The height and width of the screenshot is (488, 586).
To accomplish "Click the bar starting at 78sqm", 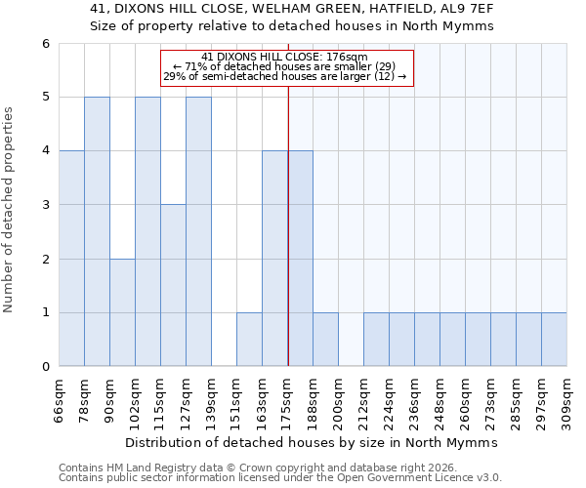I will point(97,231).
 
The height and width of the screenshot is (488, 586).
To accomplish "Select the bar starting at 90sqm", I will point(122,312).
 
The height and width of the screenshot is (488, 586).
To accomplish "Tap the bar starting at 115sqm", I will point(173,285).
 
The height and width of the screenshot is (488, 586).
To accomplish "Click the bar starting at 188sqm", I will point(325,340).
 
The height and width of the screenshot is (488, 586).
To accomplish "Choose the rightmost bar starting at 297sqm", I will point(554,340).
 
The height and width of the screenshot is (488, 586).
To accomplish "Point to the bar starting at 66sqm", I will point(71,259).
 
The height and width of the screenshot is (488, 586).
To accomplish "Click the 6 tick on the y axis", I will point(45,43).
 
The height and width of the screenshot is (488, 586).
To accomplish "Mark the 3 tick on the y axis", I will point(45,205).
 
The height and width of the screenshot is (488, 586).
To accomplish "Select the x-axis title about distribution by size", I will point(312,442).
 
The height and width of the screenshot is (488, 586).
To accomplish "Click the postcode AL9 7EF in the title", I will point(463,10).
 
